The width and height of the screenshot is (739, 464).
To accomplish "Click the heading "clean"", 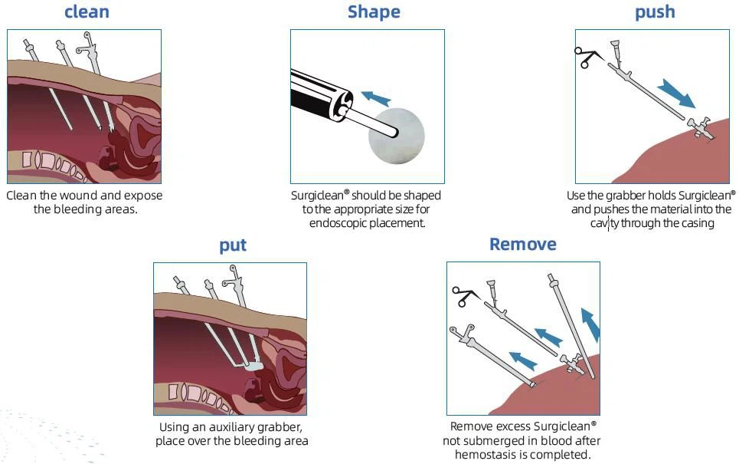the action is click(x=87, y=12).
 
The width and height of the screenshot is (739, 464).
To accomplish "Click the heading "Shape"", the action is click(x=374, y=12).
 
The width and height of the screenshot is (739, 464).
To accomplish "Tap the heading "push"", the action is click(x=655, y=12).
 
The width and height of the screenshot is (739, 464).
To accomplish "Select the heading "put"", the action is click(x=233, y=245).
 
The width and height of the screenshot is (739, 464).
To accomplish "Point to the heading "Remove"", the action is click(x=523, y=245).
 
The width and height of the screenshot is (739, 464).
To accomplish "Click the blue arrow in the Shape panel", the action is click(x=376, y=98).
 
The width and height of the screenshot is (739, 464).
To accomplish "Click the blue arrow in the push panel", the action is click(x=676, y=94).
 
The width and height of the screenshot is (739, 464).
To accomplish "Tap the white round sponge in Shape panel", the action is click(x=397, y=136).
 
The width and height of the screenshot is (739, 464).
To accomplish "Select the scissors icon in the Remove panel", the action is click(x=465, y=297).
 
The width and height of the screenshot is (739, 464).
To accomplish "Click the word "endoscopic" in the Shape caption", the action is click(x=334, y=222).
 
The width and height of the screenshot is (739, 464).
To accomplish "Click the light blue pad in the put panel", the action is click(x=253, y=366).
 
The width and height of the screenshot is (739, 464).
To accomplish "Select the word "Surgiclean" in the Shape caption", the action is click(x=319, y=196).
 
